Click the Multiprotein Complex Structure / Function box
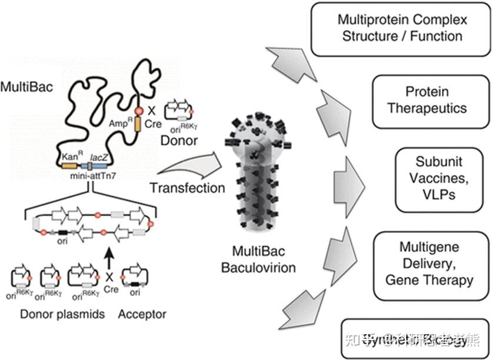[402, 28]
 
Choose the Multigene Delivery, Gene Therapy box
[428, 263]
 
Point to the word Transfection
[187, 188]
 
